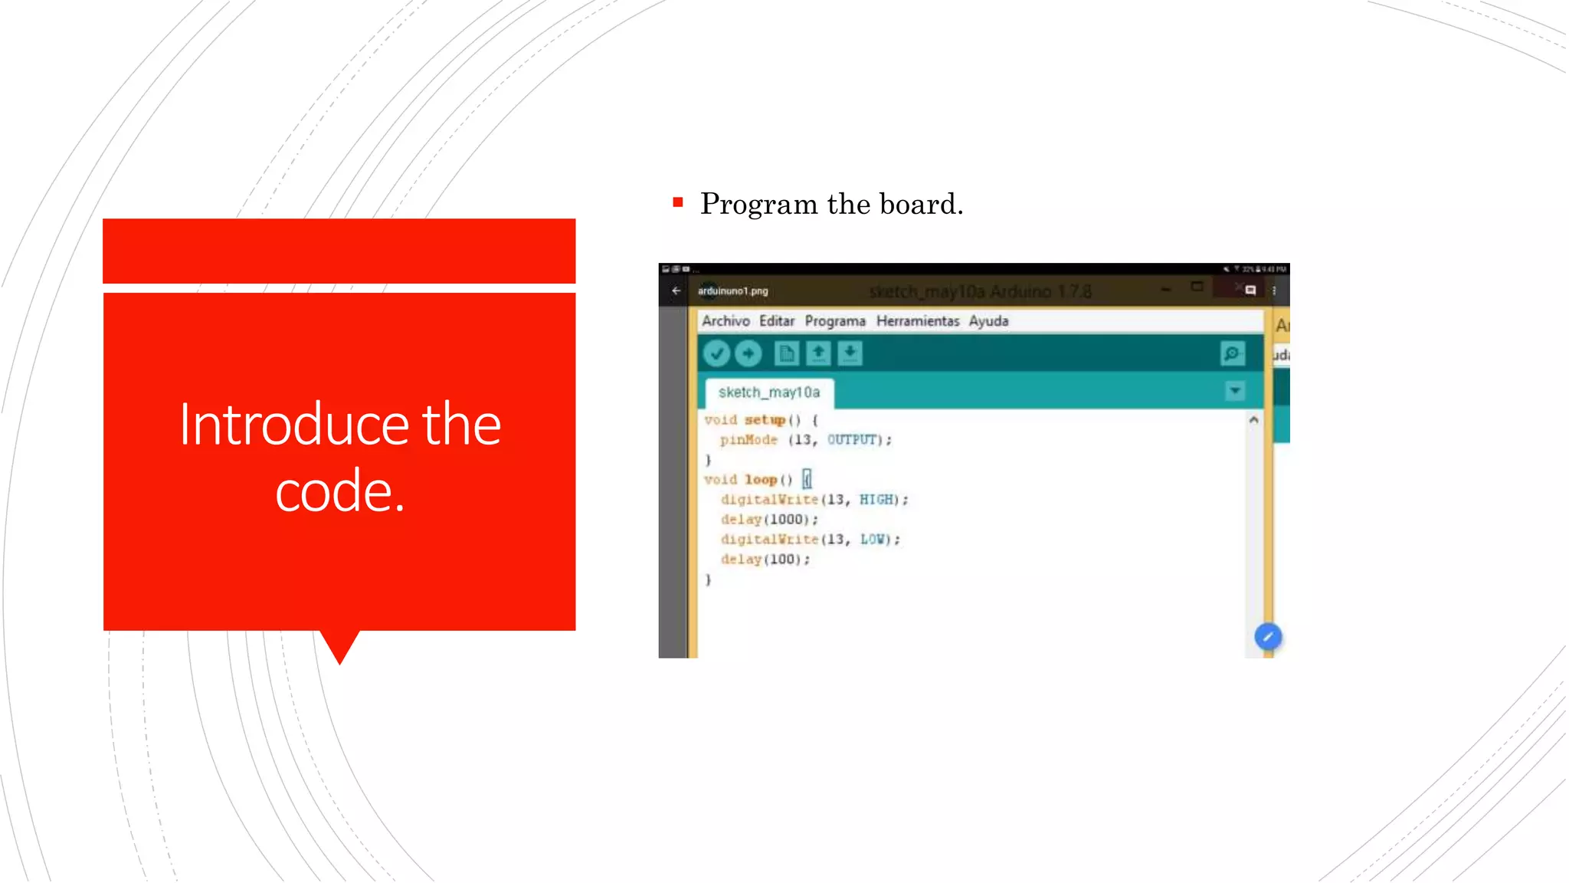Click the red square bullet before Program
pyautogui.click(x=677, y=203)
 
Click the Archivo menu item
pyautogui.click(x=725, y=321)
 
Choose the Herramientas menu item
pyautogui.click(x=917, y=321)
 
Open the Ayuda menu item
pyautogui.click(x=988, y=321)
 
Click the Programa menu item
pyautogui.click(x=834, y=321)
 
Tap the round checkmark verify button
pyautogui.click(x=716, y=353)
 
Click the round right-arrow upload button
pyautogui.click(x=748, y=353)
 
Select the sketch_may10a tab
pyautogui.click(x=768, y=392)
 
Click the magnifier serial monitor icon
pyautogui.click(x=1232, y=353)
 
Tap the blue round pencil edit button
pyautogui.click(x=1268, y=637)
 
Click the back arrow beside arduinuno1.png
pyautogui.click(x=676, y=291)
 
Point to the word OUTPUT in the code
pyautogui.click(x=851, y=440)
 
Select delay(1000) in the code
pyautogui.click(x=768, y=520)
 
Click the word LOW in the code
pyautogui.click(x=872, y=540)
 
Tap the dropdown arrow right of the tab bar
pyautogui.click(x=1235, y=392)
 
